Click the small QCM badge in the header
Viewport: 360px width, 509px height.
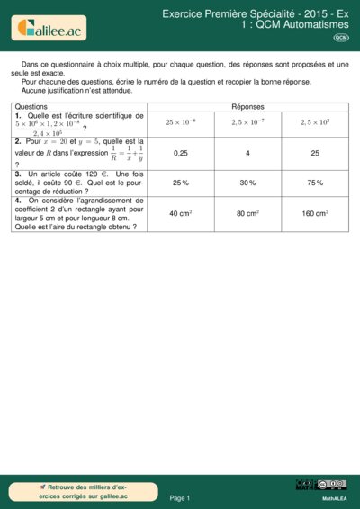(x=341, y=38)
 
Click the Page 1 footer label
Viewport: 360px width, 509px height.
(x=180, y=497)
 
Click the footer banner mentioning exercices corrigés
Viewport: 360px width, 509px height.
(x=79, y=491)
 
